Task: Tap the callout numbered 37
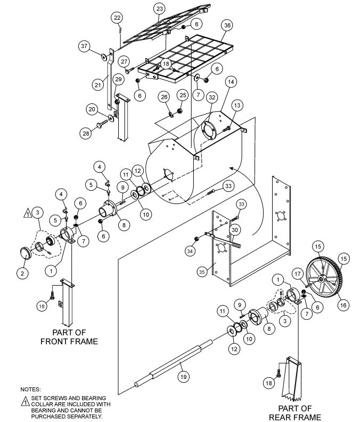click(x=84, y=46)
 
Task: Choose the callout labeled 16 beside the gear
click(x=342, y=305)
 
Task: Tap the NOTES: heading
click(x=30, y=389)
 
